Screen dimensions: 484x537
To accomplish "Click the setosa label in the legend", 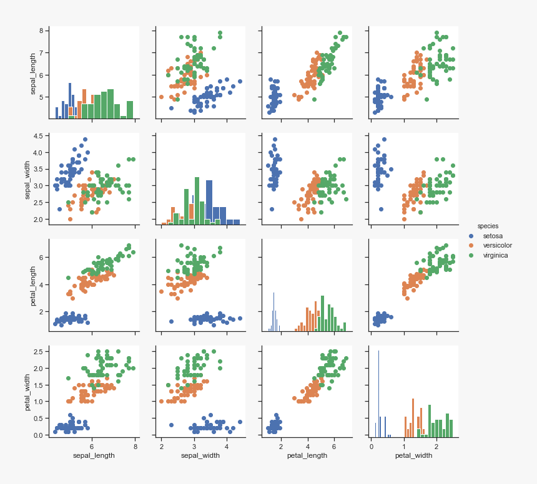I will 493,236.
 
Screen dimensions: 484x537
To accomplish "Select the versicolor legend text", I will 498,245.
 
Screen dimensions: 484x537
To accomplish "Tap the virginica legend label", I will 496,255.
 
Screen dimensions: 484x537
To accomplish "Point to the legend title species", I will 488,226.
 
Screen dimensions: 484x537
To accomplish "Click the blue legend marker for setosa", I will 471,236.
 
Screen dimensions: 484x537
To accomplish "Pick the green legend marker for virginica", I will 471,255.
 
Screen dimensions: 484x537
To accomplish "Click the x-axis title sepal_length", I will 94,455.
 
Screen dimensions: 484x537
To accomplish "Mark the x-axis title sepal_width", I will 200,455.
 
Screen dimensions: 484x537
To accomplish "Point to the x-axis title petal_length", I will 307,455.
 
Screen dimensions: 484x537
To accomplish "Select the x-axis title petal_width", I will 413,455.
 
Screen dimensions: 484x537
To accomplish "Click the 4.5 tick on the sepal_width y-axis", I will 37,136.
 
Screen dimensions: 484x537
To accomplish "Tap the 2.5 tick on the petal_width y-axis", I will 37,352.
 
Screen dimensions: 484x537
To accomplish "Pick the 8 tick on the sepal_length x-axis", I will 135,447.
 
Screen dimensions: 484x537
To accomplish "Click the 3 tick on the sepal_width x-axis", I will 194,447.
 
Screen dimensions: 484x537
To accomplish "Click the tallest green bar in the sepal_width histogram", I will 197,200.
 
